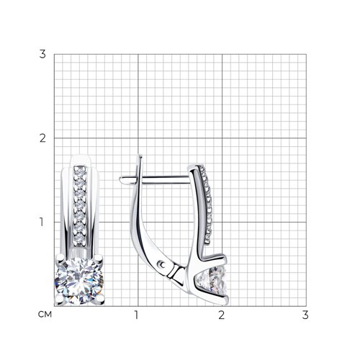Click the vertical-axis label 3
point(42,54)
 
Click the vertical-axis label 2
point(42,138)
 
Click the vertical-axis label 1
point(42,222)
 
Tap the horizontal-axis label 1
point(137,315)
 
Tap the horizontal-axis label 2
point(221,315)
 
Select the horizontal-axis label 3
point(305,315)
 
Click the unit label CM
point(45,315)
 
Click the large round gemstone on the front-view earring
point(79,281)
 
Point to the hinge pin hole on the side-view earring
point(162,265)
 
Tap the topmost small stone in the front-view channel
point(80,171)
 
